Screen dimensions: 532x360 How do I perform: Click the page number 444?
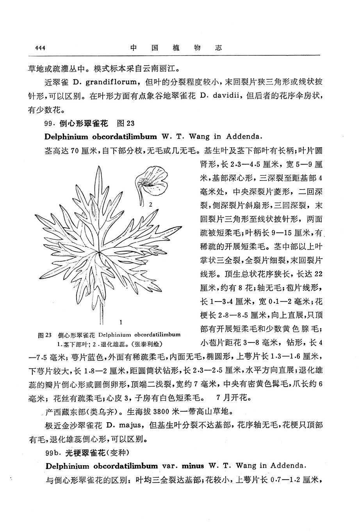tap(40, 48)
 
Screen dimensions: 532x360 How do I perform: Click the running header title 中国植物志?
tap(176, 48)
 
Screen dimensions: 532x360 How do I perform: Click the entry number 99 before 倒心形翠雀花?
tap(49, 123)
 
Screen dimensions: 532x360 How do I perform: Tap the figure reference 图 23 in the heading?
tap(125, 123)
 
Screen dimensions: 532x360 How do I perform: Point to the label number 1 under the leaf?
tap(122, 322)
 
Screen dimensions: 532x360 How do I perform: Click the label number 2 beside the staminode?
tap(150, 204)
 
